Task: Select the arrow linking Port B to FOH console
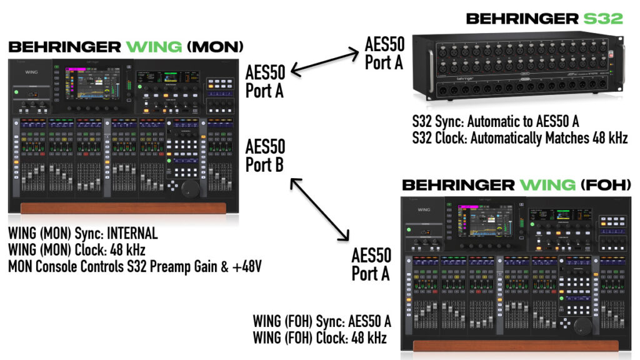319,210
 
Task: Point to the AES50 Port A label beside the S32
384,53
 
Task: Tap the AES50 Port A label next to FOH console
371,264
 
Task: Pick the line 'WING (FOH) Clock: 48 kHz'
319,338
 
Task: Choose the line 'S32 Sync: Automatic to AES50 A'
495,123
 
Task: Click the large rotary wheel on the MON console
190,187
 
